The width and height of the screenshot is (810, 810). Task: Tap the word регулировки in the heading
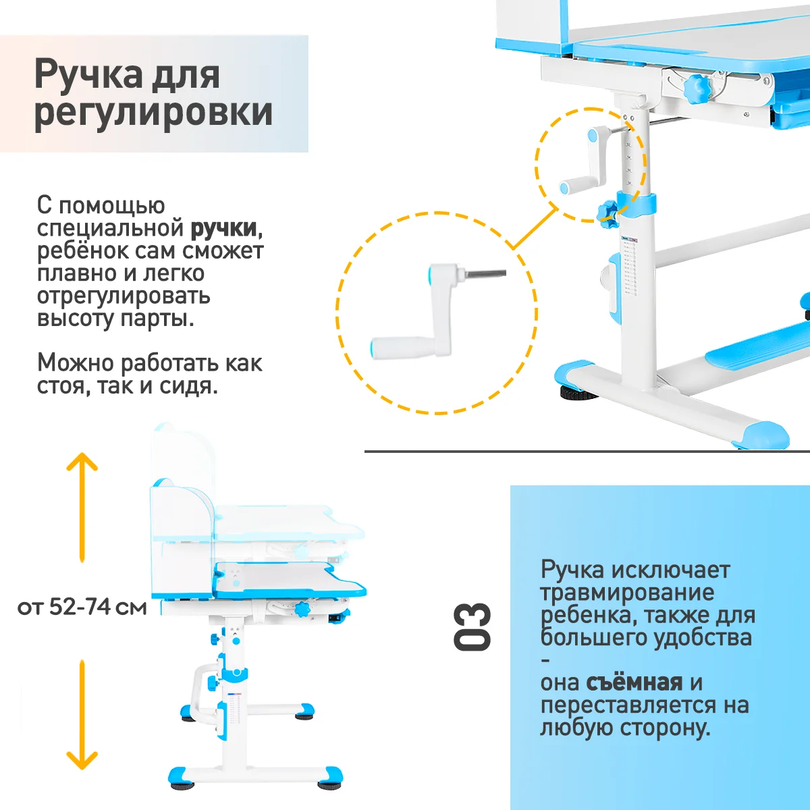pyautogui.click(x=153, y=112)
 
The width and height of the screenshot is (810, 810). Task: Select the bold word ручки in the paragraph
pyautogui.click(x=223, y=228)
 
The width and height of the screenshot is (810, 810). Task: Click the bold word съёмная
pyautogui.click(x=634, y=682)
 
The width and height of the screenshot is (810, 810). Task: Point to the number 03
pyautogui.click(x=472, y=627)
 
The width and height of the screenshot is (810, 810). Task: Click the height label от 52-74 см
pyautogui.click(x=82, y=607)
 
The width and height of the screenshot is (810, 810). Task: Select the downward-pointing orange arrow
pyautogui.click(x=82, y=715)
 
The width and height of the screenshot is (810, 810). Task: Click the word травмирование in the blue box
pyautogui.click(x=627, y=593)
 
